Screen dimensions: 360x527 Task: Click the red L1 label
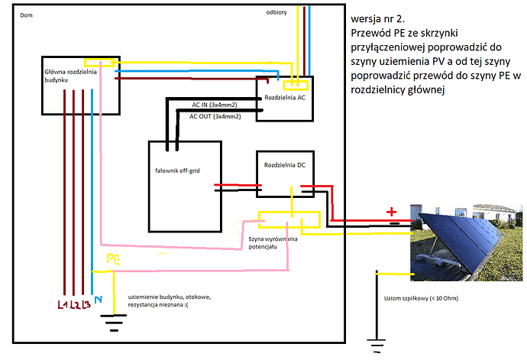click(62, 306)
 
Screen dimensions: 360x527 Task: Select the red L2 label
click(74, 306)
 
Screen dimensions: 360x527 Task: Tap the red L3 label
click(86, 306)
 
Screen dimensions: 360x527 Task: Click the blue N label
click(97, 300)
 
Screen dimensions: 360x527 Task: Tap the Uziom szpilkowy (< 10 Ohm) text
click(415, 297)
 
